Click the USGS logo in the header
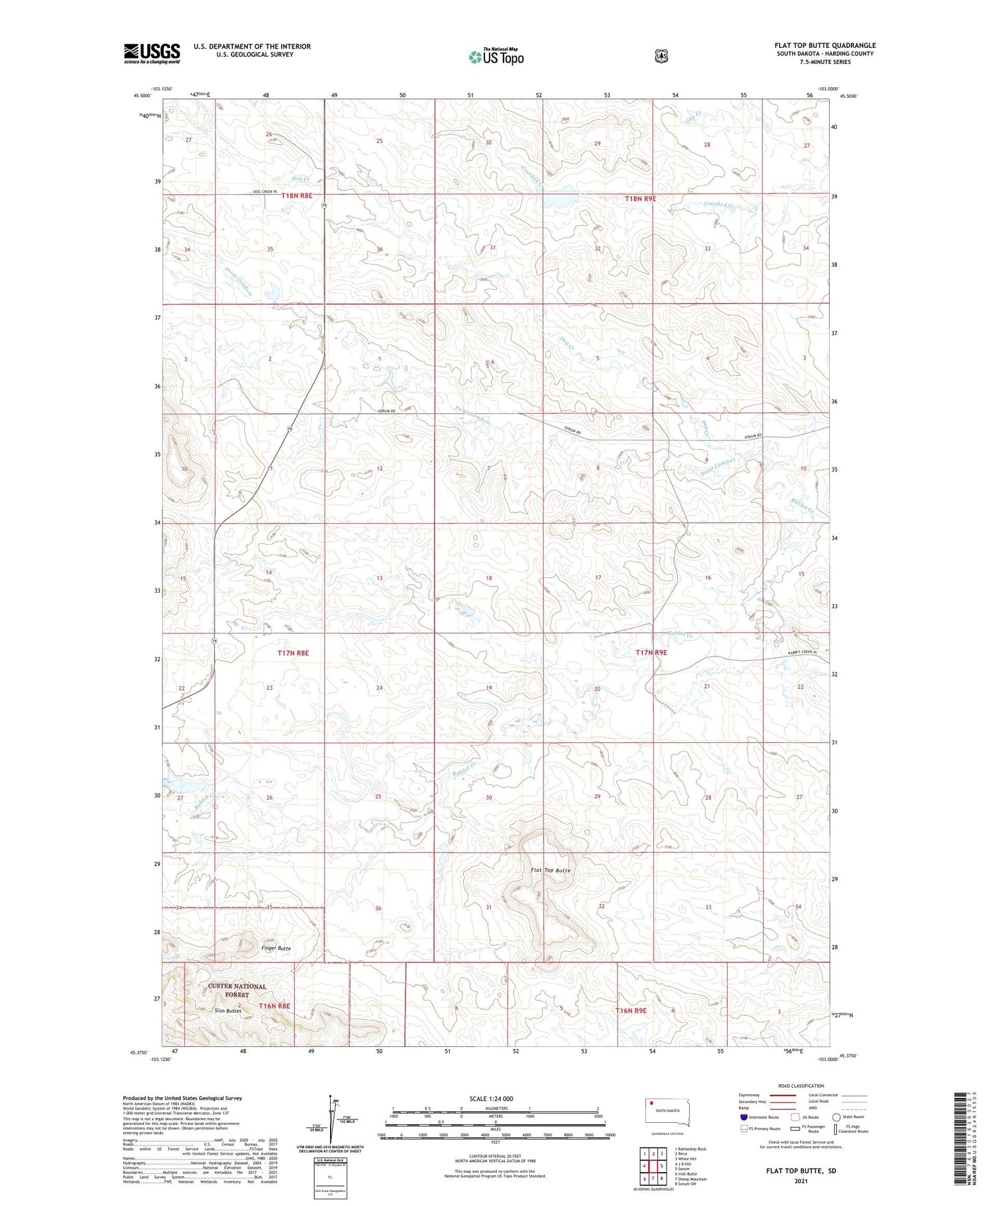[x=152, y=53]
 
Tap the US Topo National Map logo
[x=496, y=57]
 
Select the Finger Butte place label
[x=275, y=948]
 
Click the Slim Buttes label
[x=228, y=1010]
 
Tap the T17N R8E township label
[x=293, y=653]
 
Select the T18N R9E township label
[x=640, y=198]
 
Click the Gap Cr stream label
[x=694, y=116]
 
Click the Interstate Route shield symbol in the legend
[x=743, y=1117]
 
